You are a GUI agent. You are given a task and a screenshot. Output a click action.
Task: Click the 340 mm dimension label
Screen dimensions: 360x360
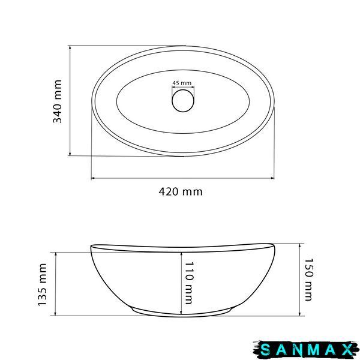point(58,101)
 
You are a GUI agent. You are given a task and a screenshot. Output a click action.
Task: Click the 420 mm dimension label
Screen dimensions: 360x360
point(181,191)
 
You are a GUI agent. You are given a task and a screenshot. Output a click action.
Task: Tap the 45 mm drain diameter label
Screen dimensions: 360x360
point(182,83)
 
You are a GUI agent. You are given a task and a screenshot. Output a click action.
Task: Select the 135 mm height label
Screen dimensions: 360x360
point(43,284)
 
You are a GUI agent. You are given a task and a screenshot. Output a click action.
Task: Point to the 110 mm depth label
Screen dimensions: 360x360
point(189,283)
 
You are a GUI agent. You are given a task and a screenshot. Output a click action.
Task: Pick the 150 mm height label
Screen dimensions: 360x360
point(309,280)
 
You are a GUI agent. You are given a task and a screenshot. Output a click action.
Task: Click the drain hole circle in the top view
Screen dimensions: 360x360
point(183,101)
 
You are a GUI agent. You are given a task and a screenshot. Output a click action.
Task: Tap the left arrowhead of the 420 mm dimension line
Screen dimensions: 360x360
point(93,178)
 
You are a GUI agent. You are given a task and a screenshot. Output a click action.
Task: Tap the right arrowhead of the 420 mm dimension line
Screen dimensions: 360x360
point(272,178)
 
